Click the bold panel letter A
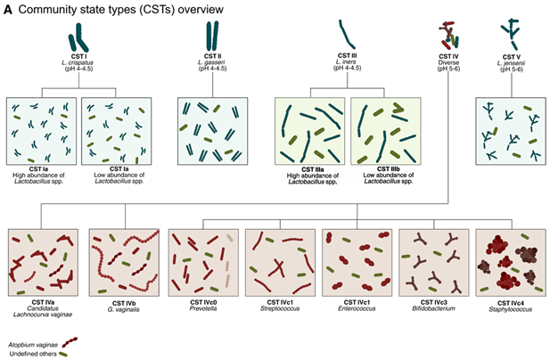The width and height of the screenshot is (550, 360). coord(7,10)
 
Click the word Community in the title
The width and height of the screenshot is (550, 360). coord(44,10)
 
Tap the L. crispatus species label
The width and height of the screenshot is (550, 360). coord(78,62)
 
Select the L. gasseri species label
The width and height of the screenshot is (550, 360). coord(211,62)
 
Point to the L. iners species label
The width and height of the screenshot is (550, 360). coord(346,61)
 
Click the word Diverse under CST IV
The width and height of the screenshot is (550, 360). coord(448,62)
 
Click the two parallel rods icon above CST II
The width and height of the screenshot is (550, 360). coord(212,36)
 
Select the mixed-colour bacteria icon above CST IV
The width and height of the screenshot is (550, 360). coord(448,36)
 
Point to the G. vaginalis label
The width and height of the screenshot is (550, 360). coord(124,309)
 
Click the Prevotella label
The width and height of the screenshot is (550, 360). coord(203,308)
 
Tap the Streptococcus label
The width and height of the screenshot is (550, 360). coord(280,308)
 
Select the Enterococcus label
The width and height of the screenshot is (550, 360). coord(357,308)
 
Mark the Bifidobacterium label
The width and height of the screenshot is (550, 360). coord(433,308)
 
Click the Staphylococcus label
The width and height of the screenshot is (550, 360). coord(511,309)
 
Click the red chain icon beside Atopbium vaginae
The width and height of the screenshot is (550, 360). coord(70,342)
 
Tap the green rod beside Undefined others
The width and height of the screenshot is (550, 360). coord(63,354)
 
